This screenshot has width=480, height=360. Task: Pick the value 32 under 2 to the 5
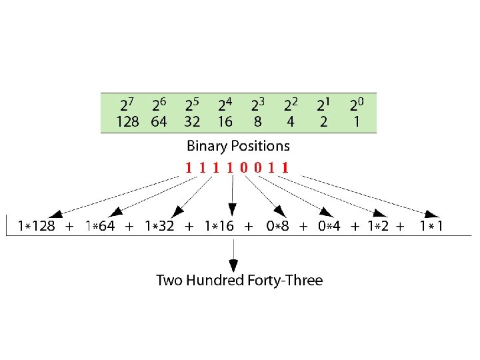tap(192, 122)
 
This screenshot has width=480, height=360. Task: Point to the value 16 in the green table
tap(225, 122)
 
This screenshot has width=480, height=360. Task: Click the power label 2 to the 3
tap(258, 105)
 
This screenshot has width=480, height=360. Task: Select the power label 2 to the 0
tap(357, 105)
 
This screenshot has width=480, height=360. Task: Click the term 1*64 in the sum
tap(101, 226)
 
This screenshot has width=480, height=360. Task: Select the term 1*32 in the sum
tap(159, 226)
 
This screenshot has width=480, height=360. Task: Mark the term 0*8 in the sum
tap(278, 226)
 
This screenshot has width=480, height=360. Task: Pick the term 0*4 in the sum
tap(329, 226)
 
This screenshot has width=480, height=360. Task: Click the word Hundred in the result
tap(215, 280)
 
